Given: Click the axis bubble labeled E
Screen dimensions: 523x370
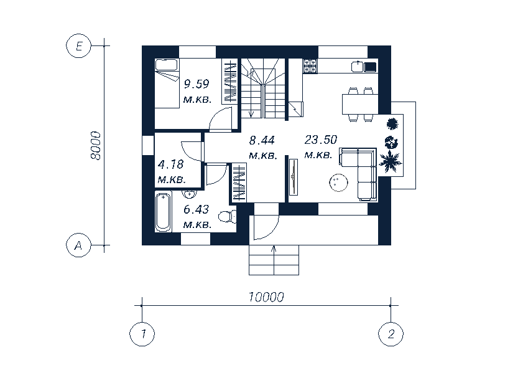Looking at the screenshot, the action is coord(79,46).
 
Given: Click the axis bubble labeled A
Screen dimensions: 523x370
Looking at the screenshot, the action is coord(79,245).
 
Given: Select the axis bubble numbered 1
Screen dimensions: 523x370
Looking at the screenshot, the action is coord(142,334).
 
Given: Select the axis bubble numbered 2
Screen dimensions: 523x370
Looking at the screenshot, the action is coord(391,334).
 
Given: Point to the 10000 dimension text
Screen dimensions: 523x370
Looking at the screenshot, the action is coord(266,296).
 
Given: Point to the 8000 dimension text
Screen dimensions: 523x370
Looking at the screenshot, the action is coord(96,146).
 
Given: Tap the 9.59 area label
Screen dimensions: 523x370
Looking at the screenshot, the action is coord(197,83).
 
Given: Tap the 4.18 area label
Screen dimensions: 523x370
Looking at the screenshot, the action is coord(171,164).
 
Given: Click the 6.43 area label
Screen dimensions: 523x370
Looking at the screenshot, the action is coord(196,209).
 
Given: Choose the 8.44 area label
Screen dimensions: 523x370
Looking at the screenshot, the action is coord(262,140).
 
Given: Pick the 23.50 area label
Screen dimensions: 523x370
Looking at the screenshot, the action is coord(321,140).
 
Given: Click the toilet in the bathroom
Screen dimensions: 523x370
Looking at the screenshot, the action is coord(228,217).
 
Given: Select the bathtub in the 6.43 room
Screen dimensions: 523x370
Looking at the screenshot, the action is coord(164,212).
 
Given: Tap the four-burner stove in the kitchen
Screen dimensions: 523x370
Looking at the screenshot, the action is coord(310,66).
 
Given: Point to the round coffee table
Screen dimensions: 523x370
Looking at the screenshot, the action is coord(338,183).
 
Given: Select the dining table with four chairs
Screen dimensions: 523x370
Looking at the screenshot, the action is coord(360,104).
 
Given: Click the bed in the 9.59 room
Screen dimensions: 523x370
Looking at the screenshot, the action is coord(167,83).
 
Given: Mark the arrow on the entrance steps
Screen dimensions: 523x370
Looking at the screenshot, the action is coord(274,260).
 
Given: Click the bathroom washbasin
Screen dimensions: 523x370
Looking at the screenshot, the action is coord(188,194).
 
